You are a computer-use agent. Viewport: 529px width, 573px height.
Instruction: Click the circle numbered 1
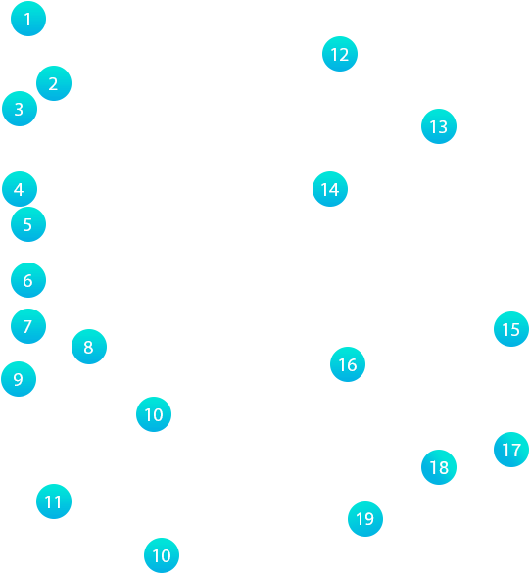pyautogui.click(x=28, y=19)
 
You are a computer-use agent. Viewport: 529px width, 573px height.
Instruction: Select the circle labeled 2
pyautogui.click(x=54, y=83)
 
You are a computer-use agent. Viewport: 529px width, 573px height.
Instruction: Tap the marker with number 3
pyautogui.click(x=20, y=109)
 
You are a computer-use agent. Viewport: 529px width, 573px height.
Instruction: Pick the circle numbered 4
pyautogui.click(x=20, y=189)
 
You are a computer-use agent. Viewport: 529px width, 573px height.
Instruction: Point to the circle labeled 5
pyautogui.click(x=28, y=224)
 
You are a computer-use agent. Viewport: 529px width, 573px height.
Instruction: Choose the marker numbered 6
pyautogui.click(x=28, y=280)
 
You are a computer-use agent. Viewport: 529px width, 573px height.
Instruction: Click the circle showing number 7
pyautogui.click(x=28, y=326)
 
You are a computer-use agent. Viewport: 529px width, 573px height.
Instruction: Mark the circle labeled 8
pyautogui.click(x=89, y=347)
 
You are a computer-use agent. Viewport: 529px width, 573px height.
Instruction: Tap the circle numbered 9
pyautogui.click(x=19, y=379)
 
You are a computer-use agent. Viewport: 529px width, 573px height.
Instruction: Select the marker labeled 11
pyautogui.click(x=54, y=501)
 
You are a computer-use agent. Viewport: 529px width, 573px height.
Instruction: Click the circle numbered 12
pyautogui.click(x=340, y=54)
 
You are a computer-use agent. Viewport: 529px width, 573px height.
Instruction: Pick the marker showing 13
pyautogui.click(x=439, y=126)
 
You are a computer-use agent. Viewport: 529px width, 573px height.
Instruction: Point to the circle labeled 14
pyautogui.click(x=330, y=189)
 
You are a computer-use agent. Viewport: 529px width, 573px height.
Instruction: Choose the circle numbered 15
pyautogui.click(x=511, y=329)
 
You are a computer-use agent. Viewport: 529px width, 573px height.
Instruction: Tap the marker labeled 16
pyautogui.click(x=348, y=364)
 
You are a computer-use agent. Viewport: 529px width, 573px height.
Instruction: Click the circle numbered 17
pyautogui.click(x=511, y=450)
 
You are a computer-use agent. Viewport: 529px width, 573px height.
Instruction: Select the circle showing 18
pyautogui.click(x=439, y=467)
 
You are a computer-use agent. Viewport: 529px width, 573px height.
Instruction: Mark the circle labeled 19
pyautogui.click(x=365, y=519)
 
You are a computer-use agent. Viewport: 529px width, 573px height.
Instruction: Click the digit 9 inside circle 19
pyautogui.click(x=369, y=519)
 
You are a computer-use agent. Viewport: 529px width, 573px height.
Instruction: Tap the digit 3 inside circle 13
pyautogui.click(x=443, y=127)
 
